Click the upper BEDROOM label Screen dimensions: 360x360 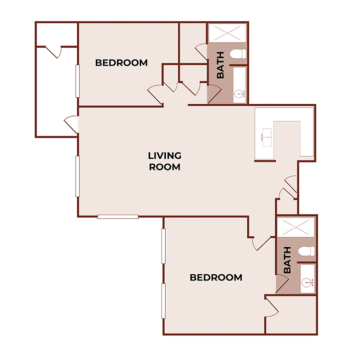tap(121, 63)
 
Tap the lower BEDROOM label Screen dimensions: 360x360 tap(216, 278)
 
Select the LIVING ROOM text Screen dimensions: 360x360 tap(165, 161)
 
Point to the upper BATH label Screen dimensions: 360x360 tap(220, 65)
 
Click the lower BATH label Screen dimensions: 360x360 tap(287, 261)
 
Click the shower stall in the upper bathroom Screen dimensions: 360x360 tap(227, 34)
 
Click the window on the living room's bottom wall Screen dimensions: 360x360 tap(118, 217)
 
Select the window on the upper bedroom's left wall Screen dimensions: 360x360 tap(78, 81)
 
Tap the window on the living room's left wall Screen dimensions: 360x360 tap(78, 176)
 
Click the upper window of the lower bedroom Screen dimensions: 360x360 tap(163, 246)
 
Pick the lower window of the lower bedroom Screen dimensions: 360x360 tap(163, 301)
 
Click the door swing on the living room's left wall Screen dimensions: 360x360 tap(72, 124)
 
